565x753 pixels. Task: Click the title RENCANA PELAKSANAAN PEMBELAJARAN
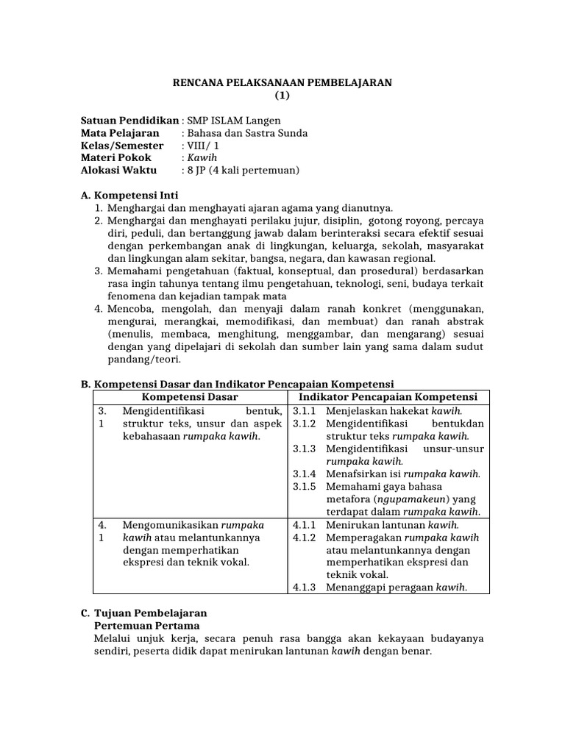point(282,83)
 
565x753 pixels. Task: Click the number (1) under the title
point(282,96)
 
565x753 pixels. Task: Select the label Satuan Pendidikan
point(129,121)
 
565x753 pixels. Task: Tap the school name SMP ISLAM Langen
point(234,121)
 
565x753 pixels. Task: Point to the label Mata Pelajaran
point(119,133)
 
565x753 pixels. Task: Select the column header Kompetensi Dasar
point(190,397)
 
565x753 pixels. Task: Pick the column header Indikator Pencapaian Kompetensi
point(390,397)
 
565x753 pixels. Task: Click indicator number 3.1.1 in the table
point(304,410)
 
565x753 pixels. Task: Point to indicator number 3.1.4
point(304,474)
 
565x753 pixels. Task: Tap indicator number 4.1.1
point(304,525)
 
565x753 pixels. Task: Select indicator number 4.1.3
point(304,587)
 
